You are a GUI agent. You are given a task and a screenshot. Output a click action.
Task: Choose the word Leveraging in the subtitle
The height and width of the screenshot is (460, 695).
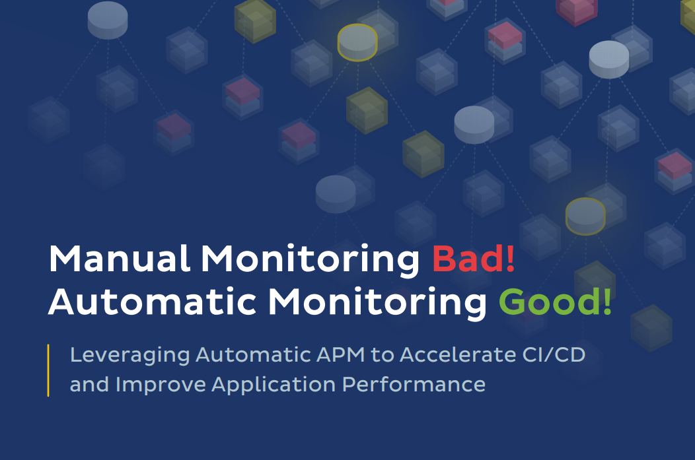click(129, 355)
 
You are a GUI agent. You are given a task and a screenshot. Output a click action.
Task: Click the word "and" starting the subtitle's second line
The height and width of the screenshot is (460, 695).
click(89, 384)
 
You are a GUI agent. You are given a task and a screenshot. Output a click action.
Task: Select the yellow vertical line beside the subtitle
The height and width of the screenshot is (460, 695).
click(49, 370)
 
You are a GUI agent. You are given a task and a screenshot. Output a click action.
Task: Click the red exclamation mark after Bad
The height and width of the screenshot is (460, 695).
click(509, 259)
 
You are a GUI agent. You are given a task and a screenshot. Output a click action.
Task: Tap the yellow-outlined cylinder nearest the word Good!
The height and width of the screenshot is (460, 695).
click(585, 216)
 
